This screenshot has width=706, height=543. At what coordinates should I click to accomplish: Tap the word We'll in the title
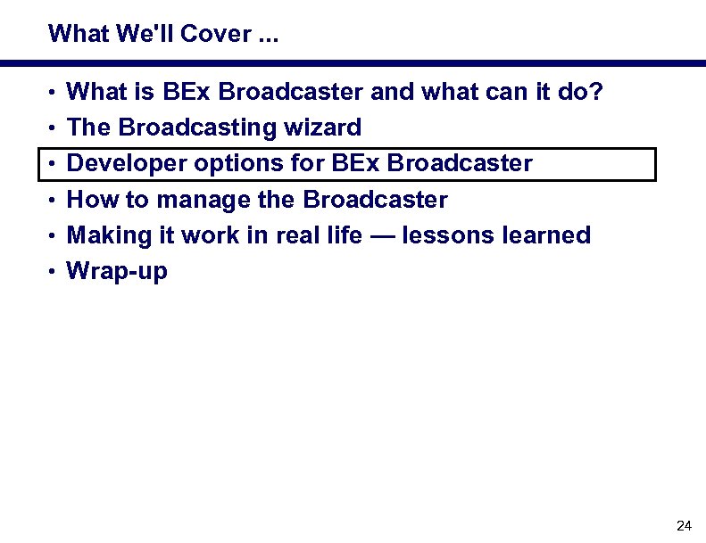[x=146, y=34]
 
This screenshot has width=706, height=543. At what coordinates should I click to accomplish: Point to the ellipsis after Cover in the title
[x=267, y=36]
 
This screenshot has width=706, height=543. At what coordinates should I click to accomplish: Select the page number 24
[x=685, y=524]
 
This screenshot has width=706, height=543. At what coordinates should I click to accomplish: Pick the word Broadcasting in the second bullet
[x=198, y=128]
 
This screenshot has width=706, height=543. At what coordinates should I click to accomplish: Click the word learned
[x=542, y=235]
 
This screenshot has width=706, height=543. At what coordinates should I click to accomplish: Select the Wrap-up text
[x=117, y=272]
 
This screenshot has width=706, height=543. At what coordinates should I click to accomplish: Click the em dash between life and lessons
[x=383, y=236]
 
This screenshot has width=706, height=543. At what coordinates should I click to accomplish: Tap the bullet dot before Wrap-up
[x=54, y=272]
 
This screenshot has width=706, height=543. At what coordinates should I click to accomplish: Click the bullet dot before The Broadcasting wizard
[x=54, y=128]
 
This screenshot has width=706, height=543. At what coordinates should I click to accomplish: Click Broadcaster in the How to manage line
[x=376, y=200]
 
